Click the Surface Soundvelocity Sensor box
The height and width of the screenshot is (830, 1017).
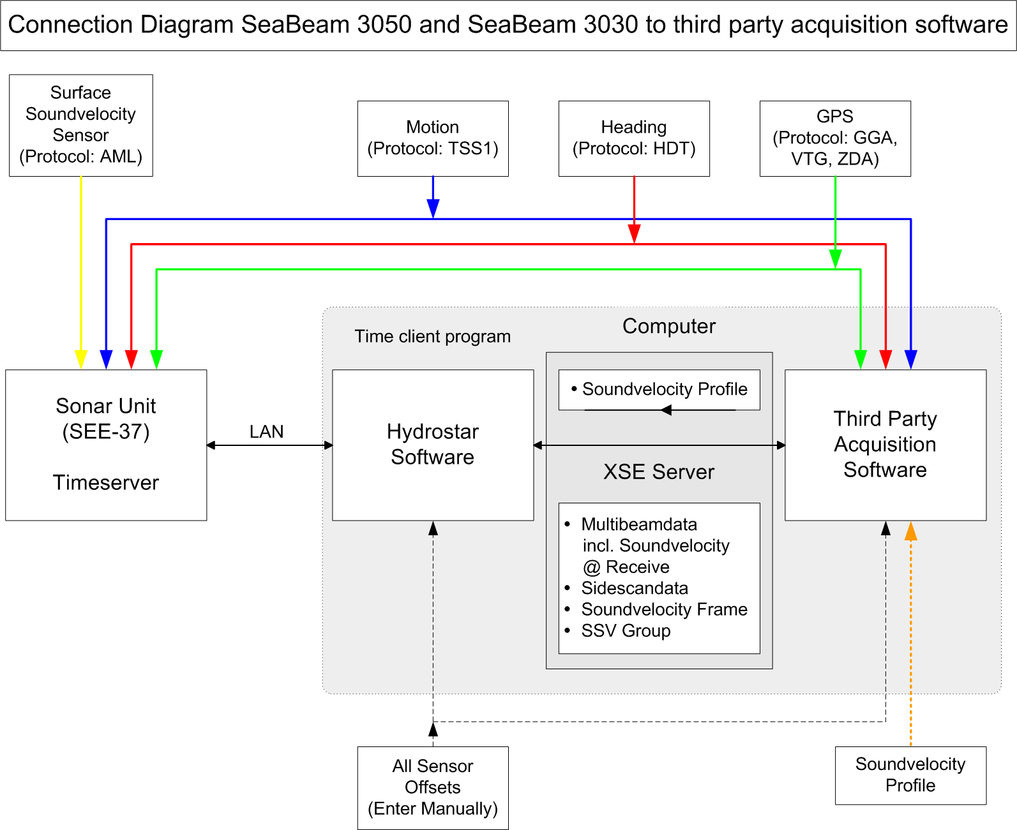(81, 125)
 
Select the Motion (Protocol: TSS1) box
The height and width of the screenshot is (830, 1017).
(433, 138)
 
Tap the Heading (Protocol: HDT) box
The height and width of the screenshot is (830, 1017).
(634, 138)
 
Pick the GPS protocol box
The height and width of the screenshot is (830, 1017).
(835, 138)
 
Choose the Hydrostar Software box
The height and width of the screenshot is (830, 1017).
(433, 445)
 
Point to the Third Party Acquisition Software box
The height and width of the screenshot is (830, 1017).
(885, 445)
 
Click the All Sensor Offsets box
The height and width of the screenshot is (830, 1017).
(433, 788)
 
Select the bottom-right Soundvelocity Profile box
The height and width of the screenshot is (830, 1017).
(910, 775)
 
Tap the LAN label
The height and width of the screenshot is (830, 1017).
(266, 432)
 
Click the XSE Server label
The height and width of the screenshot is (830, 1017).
(659, 472)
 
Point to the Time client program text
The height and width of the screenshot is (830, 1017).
(433, 336)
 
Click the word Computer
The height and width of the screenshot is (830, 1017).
(669, 326)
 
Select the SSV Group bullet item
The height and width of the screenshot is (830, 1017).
(626, 631)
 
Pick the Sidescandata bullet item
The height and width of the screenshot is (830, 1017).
(635, 588)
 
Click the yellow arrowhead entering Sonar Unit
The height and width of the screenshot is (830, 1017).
(81, 359)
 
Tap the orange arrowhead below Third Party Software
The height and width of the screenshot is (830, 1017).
(911, 531)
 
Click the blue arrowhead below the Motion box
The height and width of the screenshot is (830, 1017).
(433, 209)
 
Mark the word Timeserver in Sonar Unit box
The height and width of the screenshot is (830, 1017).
(106, 483)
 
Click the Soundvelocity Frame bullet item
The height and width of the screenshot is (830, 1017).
(664, 609)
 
